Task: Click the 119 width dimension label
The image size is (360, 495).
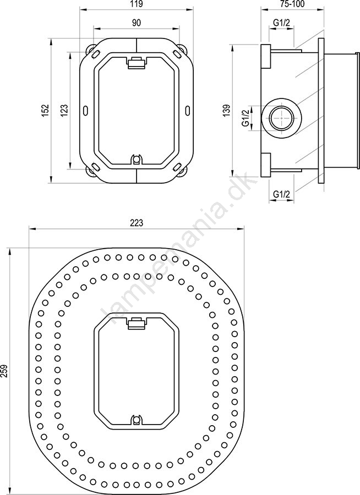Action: tap(137, 4)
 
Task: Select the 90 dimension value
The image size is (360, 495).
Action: tap(136, 23)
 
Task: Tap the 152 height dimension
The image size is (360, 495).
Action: tap(45, 111)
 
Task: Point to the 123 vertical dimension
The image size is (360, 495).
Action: tap(64, 111)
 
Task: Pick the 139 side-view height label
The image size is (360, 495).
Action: tap(226, 111)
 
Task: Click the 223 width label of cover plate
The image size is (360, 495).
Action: tap(137, 223)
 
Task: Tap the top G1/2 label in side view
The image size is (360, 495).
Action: tap(282, 22)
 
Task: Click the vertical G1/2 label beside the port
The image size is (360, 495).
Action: tap(245, 118)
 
